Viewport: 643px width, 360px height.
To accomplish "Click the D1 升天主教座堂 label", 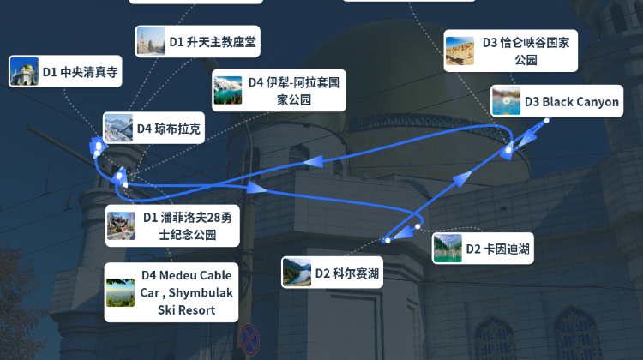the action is [x=197, y=41].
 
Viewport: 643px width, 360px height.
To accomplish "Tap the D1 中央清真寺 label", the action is [x=65, y=71].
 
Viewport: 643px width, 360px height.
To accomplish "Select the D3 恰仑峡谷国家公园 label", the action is [x=511, y=51].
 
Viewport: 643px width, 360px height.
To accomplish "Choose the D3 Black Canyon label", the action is [x=557, y=101].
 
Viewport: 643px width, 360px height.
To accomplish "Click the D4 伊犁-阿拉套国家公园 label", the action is [x=279, y=90].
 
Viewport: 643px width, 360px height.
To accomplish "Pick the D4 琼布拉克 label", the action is [x=153, y=128].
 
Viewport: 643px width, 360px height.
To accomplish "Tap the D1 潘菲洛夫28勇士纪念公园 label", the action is [x=172, y=225].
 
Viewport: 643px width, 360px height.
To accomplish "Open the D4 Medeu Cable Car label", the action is [x=171, y=292].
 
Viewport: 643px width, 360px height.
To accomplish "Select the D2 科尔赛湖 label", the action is [x=332, y=273].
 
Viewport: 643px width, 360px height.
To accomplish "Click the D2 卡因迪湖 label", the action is [x=483, y=249].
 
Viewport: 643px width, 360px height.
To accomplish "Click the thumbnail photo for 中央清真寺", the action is [x=24, y=71].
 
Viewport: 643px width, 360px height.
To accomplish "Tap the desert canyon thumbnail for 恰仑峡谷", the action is [x=460, y=51].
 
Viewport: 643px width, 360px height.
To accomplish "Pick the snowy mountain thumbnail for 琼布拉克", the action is [x=118, y=128].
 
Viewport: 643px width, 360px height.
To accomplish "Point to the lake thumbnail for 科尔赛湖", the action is [x=297, y=273].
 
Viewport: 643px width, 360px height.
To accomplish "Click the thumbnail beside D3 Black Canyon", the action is [x=506, y=101].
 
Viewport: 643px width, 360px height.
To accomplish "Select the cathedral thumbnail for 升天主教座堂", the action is [x=151, y=41].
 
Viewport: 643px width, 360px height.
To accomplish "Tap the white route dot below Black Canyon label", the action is [x=547, y=121].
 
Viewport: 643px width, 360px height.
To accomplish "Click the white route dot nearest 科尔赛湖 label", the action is [x=388, y=241].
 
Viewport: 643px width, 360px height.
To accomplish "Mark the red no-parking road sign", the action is [x=249, y=339].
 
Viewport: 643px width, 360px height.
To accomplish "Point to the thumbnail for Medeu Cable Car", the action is [x=121, y=292].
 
